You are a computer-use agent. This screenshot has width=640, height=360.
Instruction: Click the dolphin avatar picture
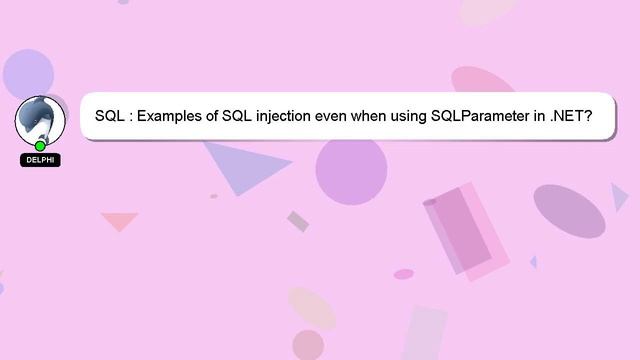click(x=40, y=119)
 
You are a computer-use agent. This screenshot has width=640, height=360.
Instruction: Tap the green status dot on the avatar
click(x=40, y=146)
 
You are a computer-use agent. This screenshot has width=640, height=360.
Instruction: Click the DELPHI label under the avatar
click(x=40, y=160)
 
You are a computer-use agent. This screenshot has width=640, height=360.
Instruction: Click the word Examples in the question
click(x=170, y=116)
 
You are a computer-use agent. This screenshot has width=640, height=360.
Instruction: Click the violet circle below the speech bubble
click(x=351, y=171)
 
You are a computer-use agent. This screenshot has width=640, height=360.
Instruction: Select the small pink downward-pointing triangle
click(x=119, y=220)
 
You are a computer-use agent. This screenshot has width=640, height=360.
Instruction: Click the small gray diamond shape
click(x=298, y=221)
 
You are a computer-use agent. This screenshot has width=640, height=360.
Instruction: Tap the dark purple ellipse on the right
click(x=569, y=210)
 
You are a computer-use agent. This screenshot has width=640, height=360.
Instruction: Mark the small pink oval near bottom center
click(x=403, y=274)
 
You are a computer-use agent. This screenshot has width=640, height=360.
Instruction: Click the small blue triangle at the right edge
click(x=619, y=196)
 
